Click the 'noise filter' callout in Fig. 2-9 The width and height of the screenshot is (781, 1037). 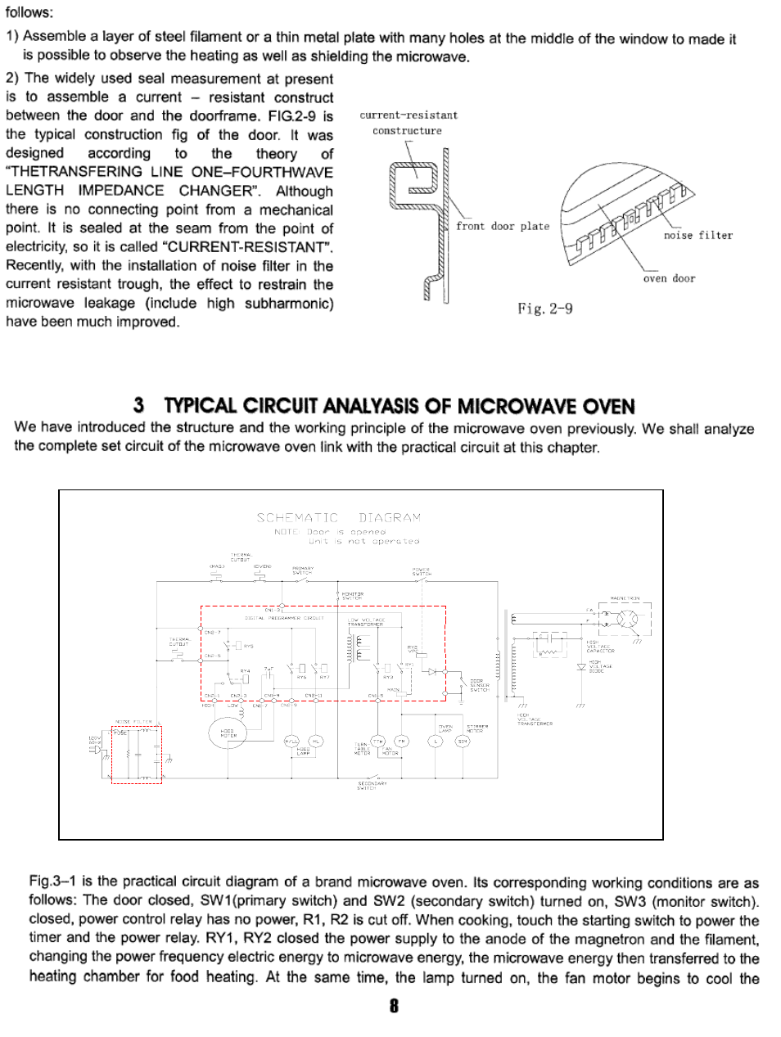coord(697,236)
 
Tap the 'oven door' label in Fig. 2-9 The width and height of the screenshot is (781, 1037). coord(669,279)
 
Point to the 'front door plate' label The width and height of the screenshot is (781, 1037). coord(503,227)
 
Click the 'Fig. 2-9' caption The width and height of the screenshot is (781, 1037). coord(544,309)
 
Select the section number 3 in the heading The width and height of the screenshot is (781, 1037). coord(139,406)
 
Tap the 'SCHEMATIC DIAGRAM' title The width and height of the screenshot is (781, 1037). coord(339,518)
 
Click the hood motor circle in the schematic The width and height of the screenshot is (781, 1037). coord(227,733)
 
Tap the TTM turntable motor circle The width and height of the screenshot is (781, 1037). coord(378,741)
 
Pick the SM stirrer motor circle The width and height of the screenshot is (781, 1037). coord(463,741)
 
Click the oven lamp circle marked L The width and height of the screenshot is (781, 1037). coord(436,741)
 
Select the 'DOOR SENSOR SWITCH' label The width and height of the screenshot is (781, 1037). coord(479,685)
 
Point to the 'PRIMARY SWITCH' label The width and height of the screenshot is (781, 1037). coord(302,570)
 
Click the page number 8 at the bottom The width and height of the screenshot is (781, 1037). coord(394,1006)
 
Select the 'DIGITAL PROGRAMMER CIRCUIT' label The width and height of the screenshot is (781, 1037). coord(284,618)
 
